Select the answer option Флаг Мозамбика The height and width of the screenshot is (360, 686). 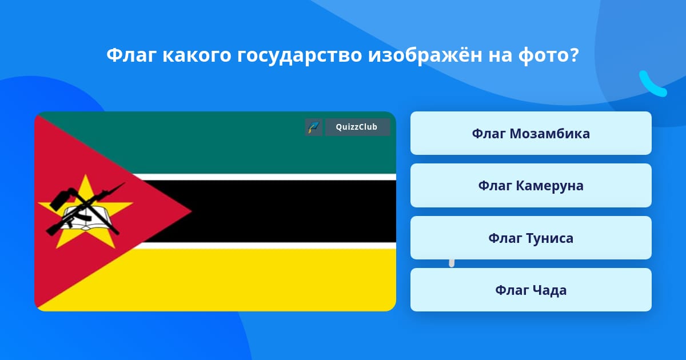(531, 133)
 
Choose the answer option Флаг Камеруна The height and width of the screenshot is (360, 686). (531, 186)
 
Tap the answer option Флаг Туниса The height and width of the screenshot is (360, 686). (531, 238)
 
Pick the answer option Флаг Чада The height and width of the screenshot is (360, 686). (531, 290)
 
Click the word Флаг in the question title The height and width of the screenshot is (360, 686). (131, 55)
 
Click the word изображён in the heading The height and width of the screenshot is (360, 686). (425, 55)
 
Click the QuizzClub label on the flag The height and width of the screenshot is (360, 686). (357, 127)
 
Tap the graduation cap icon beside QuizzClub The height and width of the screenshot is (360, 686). (314, 127)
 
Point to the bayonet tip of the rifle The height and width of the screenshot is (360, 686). (125, 183)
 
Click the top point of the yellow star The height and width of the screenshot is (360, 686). (86, 174)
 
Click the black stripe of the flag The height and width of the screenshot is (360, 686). (276, 211)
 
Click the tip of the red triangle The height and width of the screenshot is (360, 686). (191, 211)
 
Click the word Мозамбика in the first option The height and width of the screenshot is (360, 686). (550, 134)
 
